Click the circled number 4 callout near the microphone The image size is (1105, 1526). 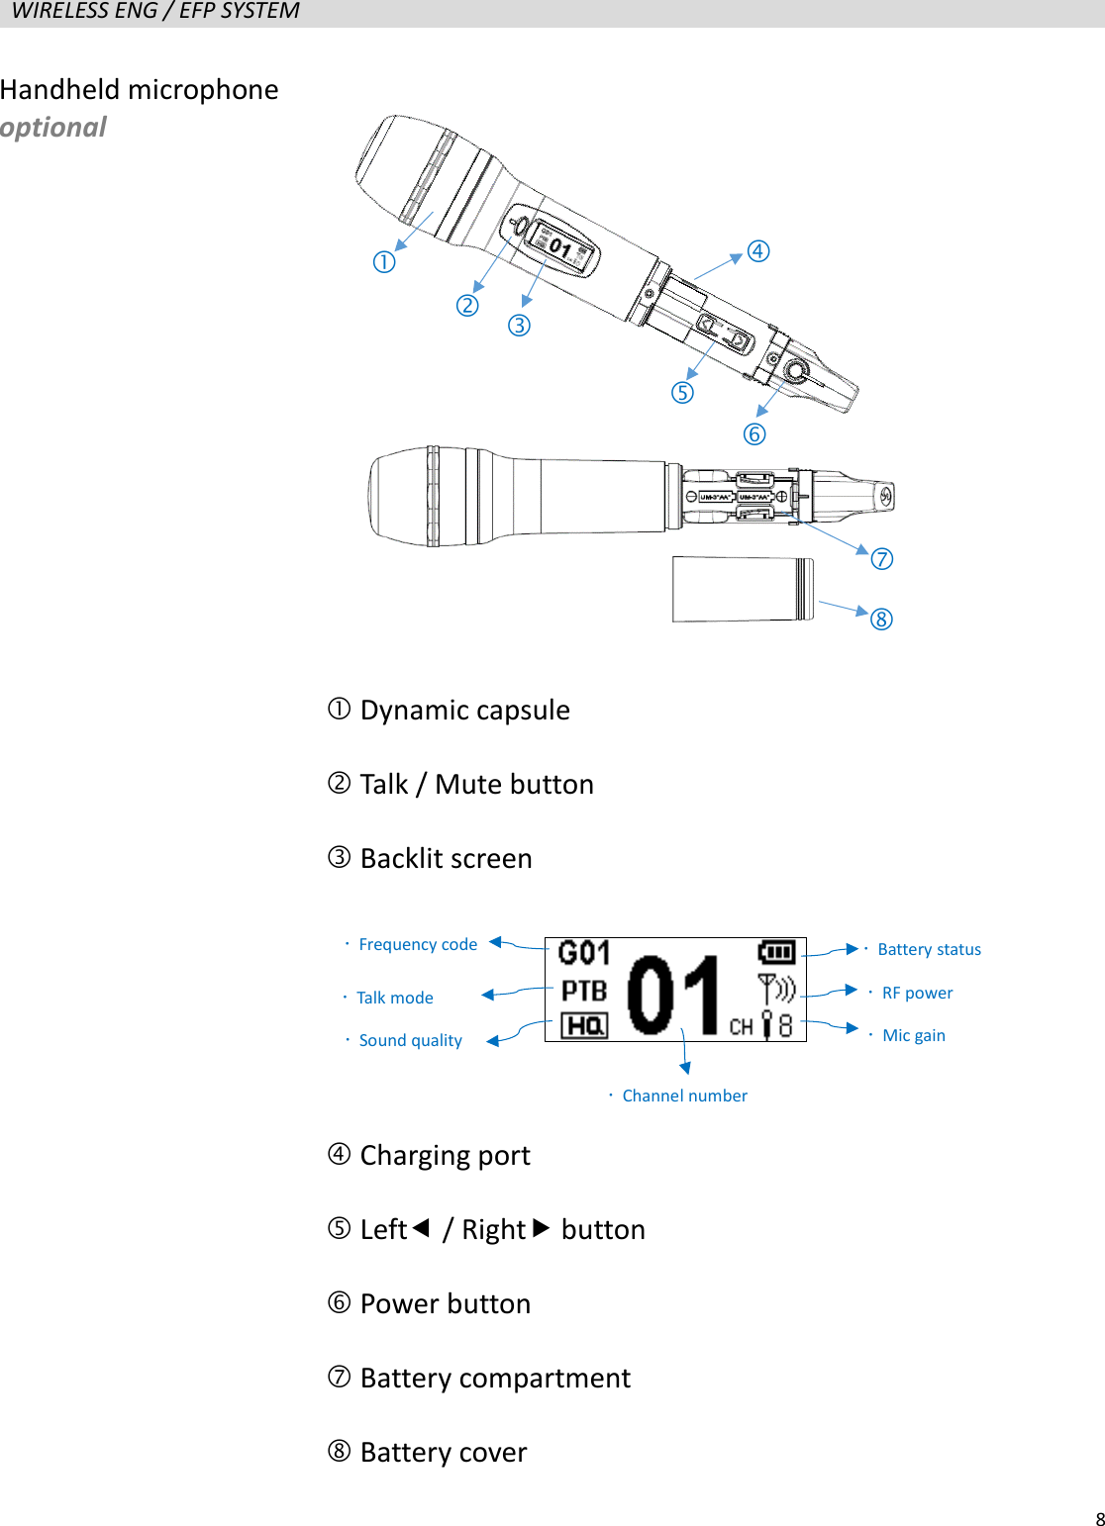758,251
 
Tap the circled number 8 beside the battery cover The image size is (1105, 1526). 881,620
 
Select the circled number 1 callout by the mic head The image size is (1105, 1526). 384,262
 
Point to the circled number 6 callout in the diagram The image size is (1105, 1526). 754,434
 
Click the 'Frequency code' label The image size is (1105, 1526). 418,945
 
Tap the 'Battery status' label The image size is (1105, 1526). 929,950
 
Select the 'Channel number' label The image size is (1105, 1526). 684,1096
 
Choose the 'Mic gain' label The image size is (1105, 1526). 914,1036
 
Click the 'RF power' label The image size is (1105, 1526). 917,993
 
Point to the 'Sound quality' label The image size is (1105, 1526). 410,1040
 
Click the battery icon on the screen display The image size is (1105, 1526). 776,952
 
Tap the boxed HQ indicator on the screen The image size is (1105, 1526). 584,1026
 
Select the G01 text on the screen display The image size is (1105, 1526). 584,953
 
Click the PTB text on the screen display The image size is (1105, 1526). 584,991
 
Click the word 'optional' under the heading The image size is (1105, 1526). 53,128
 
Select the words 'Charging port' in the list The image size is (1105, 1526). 445,1156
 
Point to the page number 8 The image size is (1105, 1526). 1099,1519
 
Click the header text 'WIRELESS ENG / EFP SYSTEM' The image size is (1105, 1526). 155,12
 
